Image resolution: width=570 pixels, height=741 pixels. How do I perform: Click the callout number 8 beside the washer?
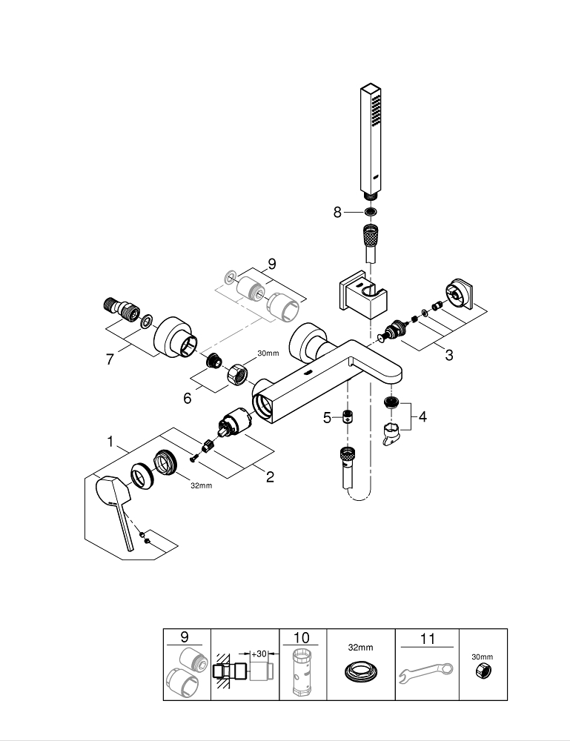point(338,212)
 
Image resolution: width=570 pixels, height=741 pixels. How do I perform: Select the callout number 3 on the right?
point(448,355)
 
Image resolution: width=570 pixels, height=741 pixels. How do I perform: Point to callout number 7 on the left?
point(110,359)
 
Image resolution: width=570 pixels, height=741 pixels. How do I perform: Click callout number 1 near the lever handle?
point(110,442)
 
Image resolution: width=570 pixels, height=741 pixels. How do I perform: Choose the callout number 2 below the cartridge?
point(270,478)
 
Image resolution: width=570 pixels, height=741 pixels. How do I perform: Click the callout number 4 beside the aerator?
point(422,417)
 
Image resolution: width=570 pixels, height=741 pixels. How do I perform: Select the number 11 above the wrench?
point(428,638)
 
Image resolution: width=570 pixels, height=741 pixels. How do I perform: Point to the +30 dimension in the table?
point(259,654)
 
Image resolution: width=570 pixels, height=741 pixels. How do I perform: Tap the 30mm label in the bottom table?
point(483,657)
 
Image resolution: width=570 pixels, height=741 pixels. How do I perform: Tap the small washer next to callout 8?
point(371,212)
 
